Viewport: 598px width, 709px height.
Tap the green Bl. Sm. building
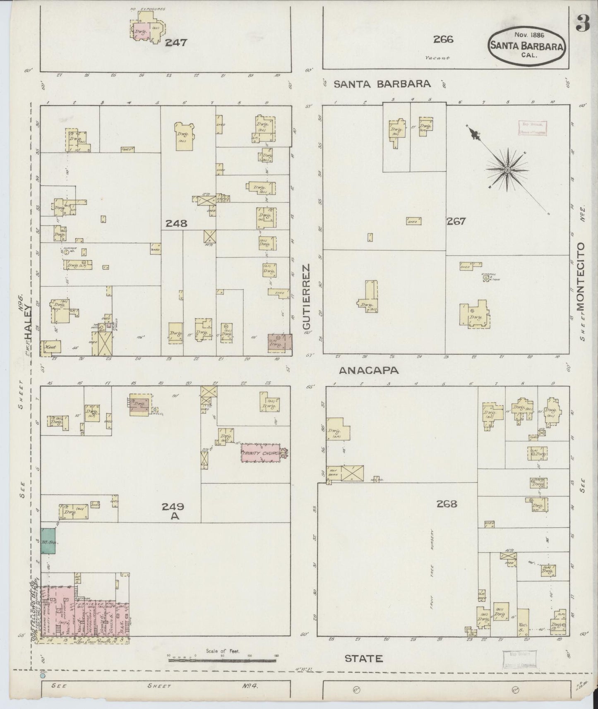coord(48,541)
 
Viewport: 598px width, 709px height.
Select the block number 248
coord(176,223)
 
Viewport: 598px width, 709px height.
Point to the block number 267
coord(456,221)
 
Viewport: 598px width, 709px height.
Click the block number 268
coord(447,503)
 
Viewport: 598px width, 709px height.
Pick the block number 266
coord(443,39)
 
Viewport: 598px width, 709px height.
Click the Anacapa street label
coord(369,371)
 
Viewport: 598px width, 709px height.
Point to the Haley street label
coord(28,327)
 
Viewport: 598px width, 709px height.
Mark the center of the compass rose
coord(507,170)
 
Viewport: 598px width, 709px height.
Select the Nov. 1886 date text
coord(526,35)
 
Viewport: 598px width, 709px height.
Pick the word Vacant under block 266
coord(437,58)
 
